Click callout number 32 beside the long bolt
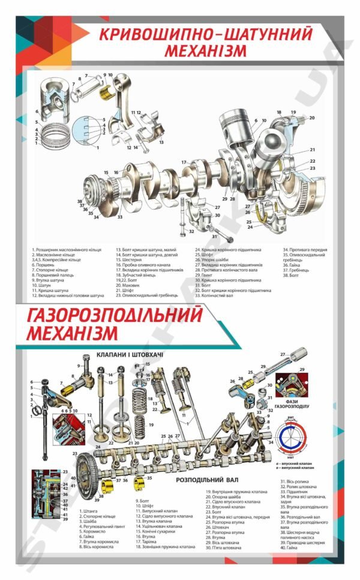(x=191, y=231)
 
